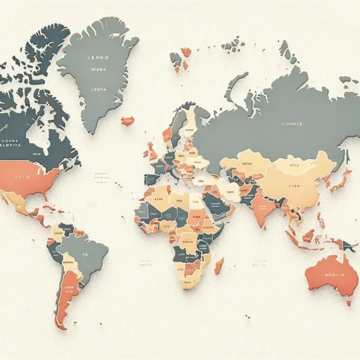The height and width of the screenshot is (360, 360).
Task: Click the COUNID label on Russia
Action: click(292, 124)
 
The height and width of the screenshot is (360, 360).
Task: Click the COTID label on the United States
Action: click(22, 178)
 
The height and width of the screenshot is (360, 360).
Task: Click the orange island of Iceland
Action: click(127, 121)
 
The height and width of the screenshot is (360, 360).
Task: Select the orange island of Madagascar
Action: click(219, 266)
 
